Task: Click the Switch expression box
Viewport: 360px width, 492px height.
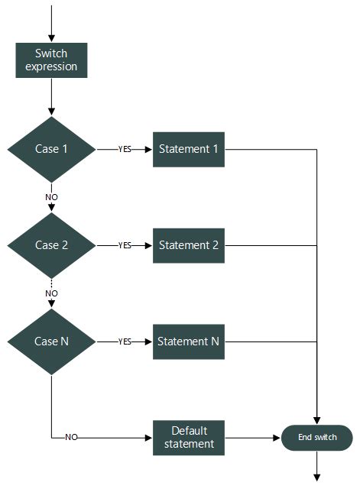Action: pyautogui.click(x=51, y=60)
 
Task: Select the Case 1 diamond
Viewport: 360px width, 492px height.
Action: pyautogui.click(x=51, y=149)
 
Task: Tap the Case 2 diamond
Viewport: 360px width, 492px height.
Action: pyautogui.click(x=51, y=245)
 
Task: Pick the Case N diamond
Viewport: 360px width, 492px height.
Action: pyautogui.click(x=51, y=341)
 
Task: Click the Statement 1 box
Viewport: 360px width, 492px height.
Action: pyautogui.click(x=188, y=149)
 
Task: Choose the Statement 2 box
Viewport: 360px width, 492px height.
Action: pyautogui.click(x=188, y=245)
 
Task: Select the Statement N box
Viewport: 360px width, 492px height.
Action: pyautogui.click(x=188, y=341)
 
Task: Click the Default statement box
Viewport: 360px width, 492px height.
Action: pyautogui.click(x=188, y=437)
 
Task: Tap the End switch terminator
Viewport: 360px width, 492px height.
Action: pyautogui.click(x=316, y=438)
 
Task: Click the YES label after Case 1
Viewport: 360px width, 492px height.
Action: pyautogui.click(x=125, y=149)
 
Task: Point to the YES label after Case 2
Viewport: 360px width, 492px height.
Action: pyautogui.click(x=125, y=245)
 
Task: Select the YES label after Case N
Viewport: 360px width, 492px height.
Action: pyautogui.click(x=125, y=341)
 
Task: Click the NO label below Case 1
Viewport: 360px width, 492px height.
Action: pyautogui.click(x=51, y=196)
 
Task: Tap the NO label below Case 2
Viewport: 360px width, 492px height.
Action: pyautogui.click(x=51, y=293)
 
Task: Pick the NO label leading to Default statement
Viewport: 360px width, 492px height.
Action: pyautogui.click(x=71, y=438)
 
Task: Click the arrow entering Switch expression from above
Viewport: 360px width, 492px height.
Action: pyautogui.click(x=51, y=23)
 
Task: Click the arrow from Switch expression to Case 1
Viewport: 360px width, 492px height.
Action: pyautogui.click(x=51, y=97)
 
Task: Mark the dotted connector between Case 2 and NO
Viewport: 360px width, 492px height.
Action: pyautogui.click(x=51, y=282)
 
